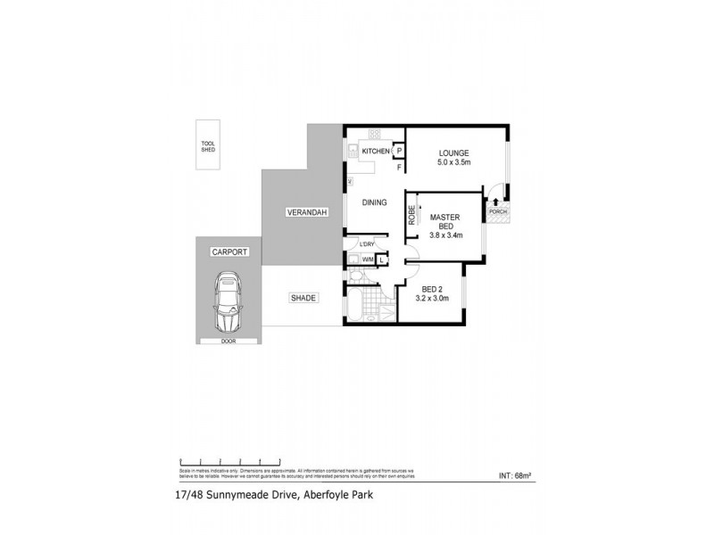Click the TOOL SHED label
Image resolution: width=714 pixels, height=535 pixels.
click(x=208, y=146)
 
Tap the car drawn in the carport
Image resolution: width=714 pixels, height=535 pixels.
click(x=228, y=304)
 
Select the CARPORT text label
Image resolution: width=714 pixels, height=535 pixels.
click(x=229, y=252)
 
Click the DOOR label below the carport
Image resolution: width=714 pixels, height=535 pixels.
click(x=229, y=341)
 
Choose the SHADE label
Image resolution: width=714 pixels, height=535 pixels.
click(x=303, y=299)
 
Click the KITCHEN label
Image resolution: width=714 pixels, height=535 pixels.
click(x=376, y=152)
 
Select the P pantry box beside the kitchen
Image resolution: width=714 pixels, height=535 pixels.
click(x=399, y=152)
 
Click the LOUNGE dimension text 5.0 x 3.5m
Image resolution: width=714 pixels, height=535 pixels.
click(x=459, y=163)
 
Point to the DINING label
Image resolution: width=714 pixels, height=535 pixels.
click(x=374, y=202)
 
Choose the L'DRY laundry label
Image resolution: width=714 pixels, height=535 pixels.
click(x=366, y=245)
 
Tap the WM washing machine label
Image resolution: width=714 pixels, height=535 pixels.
click(x=367, y=259)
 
